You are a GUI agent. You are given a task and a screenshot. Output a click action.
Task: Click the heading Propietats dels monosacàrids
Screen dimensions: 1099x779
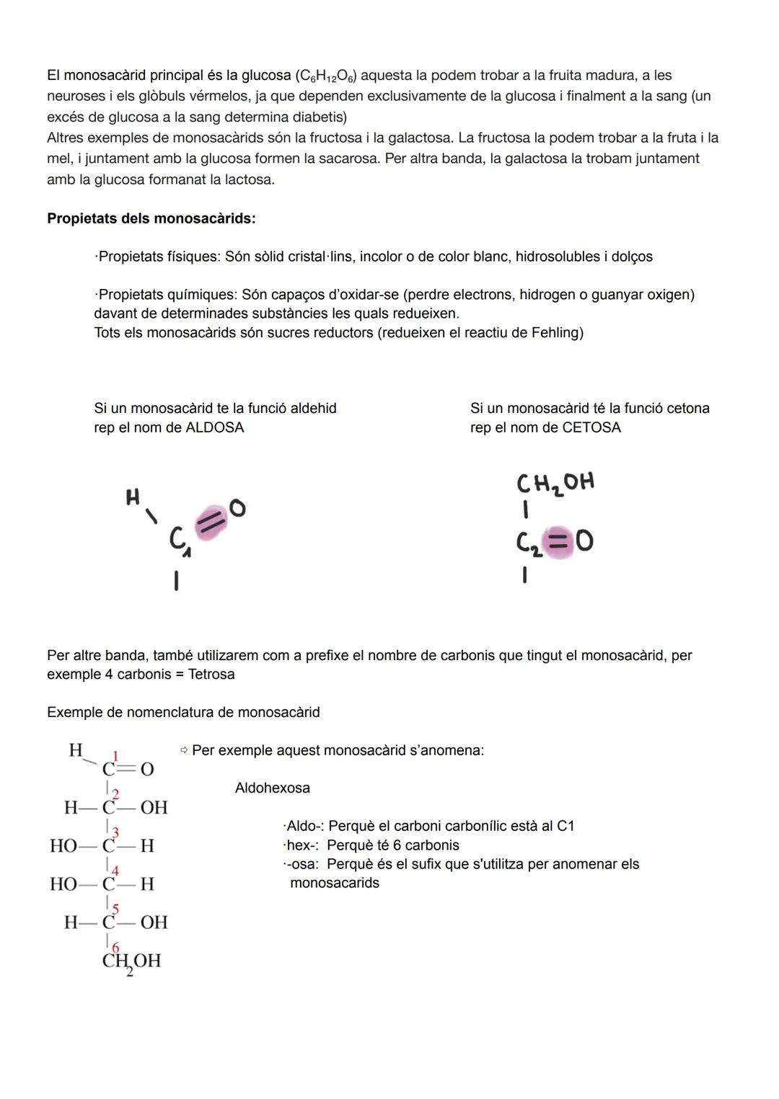tap(151, 218)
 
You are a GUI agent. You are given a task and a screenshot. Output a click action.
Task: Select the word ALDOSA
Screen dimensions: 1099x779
tap(215, 427)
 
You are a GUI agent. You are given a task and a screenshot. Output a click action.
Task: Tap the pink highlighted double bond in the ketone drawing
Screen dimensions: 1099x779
tap(557, 542)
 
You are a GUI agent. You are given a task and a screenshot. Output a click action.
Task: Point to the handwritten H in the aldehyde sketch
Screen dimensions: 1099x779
tap(133, 497)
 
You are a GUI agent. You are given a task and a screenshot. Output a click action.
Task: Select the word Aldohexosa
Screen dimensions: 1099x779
tap(272, 788)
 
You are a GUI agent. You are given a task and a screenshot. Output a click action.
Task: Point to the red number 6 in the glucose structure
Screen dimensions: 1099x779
tap(115, 946)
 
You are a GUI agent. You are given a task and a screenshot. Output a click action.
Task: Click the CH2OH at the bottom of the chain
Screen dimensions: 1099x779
tap(131, 961)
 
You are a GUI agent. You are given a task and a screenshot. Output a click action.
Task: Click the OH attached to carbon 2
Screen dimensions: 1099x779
tap(154, 807)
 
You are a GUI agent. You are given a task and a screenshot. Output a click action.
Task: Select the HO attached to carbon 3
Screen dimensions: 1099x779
tap(63, 845)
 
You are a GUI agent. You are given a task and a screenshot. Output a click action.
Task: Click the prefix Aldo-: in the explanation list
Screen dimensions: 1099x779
tap(304, 826)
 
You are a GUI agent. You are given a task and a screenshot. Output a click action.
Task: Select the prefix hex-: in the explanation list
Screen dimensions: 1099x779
tap(302, 845)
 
